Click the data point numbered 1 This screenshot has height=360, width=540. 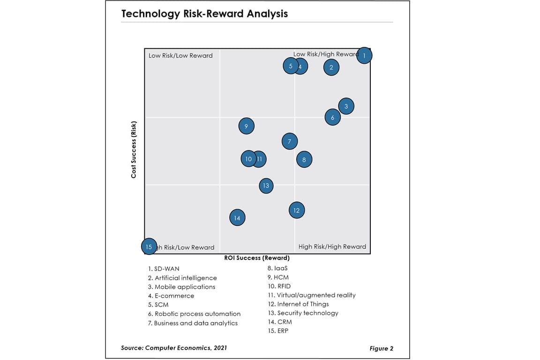coord(364,55)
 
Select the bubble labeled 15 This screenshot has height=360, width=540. coord(149,247)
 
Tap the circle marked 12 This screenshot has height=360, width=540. coord(296,210)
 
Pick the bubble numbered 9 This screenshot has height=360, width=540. coord(246,126)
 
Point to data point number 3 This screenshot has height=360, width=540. coord(346,106)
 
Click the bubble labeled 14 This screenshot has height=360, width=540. coord(237,218)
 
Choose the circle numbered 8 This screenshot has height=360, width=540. coord(304,160)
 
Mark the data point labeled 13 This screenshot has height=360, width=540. coord(266,186)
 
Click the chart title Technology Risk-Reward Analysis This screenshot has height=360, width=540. coord(204,14)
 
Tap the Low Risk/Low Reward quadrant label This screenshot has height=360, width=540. coord(180,55)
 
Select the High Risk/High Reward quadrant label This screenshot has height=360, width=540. coord(332,247)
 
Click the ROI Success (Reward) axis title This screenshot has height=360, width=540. coord(256,258)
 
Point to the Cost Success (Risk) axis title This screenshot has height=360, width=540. coord(134,150)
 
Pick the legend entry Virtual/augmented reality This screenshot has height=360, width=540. coord(311,295)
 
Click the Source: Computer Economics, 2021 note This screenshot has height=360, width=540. coord(174,347)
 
